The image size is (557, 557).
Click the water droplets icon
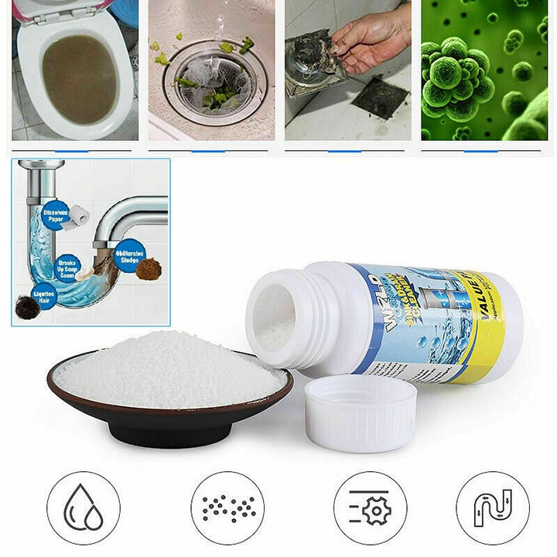tap(84, 507)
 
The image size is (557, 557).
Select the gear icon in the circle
tap(371, 507)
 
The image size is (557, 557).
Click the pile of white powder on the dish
tap(170, 369)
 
